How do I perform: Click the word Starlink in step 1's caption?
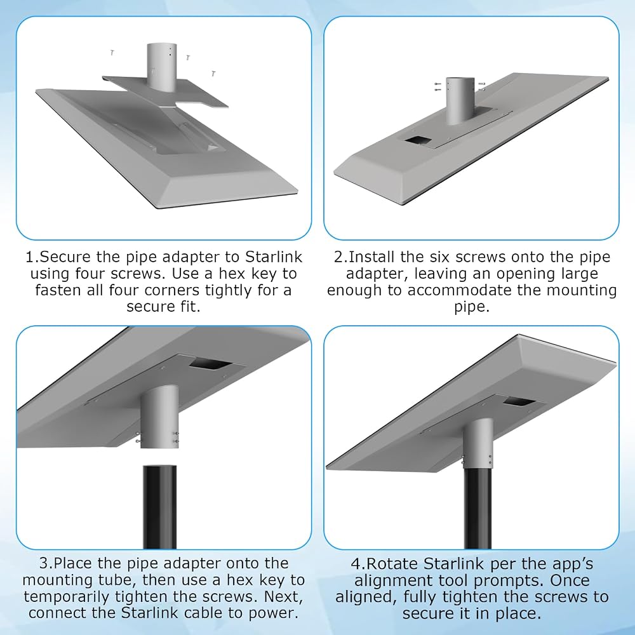[x=274, y=257]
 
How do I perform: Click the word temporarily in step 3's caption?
[x=66, y=597]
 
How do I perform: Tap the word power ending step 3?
[x=273, y=613]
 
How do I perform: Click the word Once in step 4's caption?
[x=571, y=580]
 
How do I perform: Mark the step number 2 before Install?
[x=338, y=257]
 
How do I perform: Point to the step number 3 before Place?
[x=44, y=563]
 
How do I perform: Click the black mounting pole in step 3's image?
[x=159, y=507]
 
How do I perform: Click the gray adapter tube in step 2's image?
[x=460, y=100]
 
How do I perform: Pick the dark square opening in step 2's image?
[x=418, y=140]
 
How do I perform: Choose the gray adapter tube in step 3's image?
[x=159, y=417]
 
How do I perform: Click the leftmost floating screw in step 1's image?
[x=112, y=53]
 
